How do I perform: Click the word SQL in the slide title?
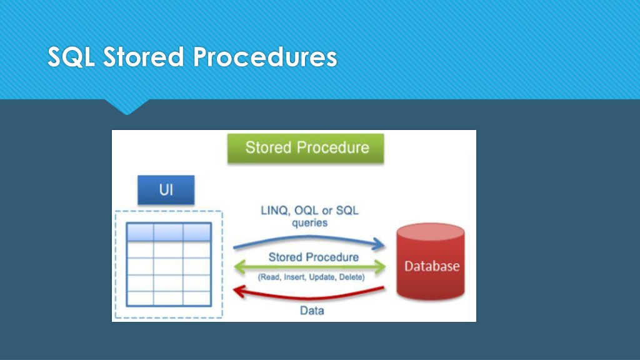pos(71,57)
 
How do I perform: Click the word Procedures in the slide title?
pos(265,56)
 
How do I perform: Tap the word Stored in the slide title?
pos(144,56)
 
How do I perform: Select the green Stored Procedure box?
pos(306,148)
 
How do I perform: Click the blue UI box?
pos(166,190)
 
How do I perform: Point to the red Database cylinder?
pos(431,262)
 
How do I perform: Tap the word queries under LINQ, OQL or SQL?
pos(310,223)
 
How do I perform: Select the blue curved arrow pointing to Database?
pos(309,237)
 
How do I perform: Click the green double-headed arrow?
pos(310,267)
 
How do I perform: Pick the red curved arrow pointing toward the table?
pos(309,297)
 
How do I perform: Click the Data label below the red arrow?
pos(312,311)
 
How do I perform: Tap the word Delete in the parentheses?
pos(352,277)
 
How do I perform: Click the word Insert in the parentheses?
pos(294,277)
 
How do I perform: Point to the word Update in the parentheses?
pos(322,277)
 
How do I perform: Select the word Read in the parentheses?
pos(269,277)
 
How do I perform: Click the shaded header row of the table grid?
pos(169,232)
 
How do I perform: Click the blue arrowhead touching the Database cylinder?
pos(378,244)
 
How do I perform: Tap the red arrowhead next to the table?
pos(239,291)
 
